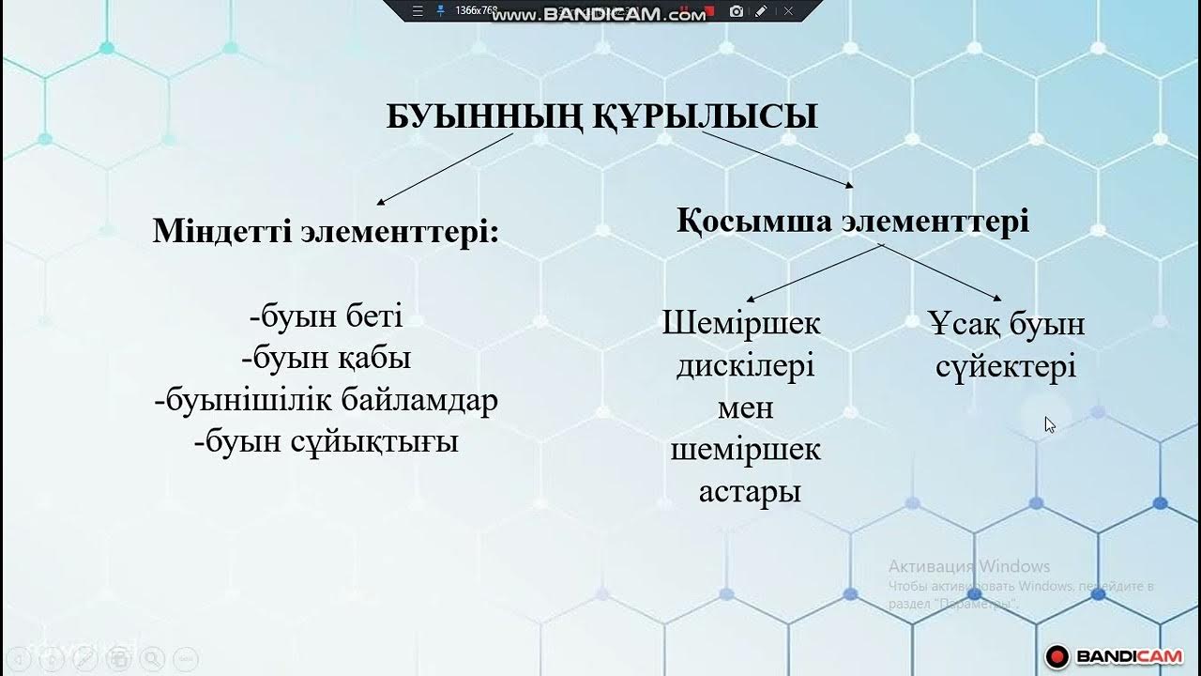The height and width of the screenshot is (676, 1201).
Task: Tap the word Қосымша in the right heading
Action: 754,222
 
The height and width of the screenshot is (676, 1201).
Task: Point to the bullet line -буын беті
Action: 326,317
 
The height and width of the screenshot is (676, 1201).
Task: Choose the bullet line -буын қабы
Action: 326,359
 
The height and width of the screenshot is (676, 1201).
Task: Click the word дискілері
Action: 745,366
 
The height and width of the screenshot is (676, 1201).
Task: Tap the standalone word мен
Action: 745,408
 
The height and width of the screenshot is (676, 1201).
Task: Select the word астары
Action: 750,492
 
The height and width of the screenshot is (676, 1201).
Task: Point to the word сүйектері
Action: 1005,367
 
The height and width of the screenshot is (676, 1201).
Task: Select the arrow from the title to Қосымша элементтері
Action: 778,160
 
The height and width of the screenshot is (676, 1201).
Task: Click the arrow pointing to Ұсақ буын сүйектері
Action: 941,272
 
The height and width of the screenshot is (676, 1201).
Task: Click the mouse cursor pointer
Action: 1049,424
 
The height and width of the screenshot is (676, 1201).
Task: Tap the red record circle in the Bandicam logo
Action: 1058,655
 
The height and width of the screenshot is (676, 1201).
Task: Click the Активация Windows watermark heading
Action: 968,566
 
